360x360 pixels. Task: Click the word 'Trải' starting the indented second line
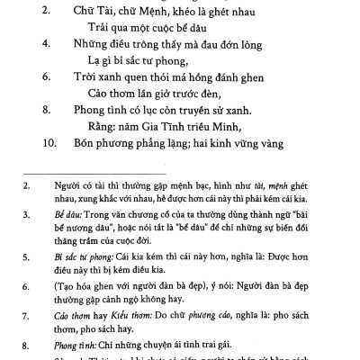(100, 28)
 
